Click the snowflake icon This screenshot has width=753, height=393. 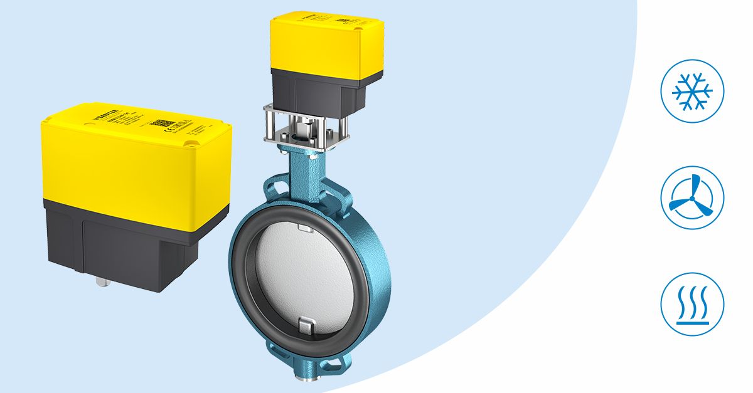click(692, 92)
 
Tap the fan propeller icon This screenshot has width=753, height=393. click(692, 197)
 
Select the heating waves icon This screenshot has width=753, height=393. click(692, 304)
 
